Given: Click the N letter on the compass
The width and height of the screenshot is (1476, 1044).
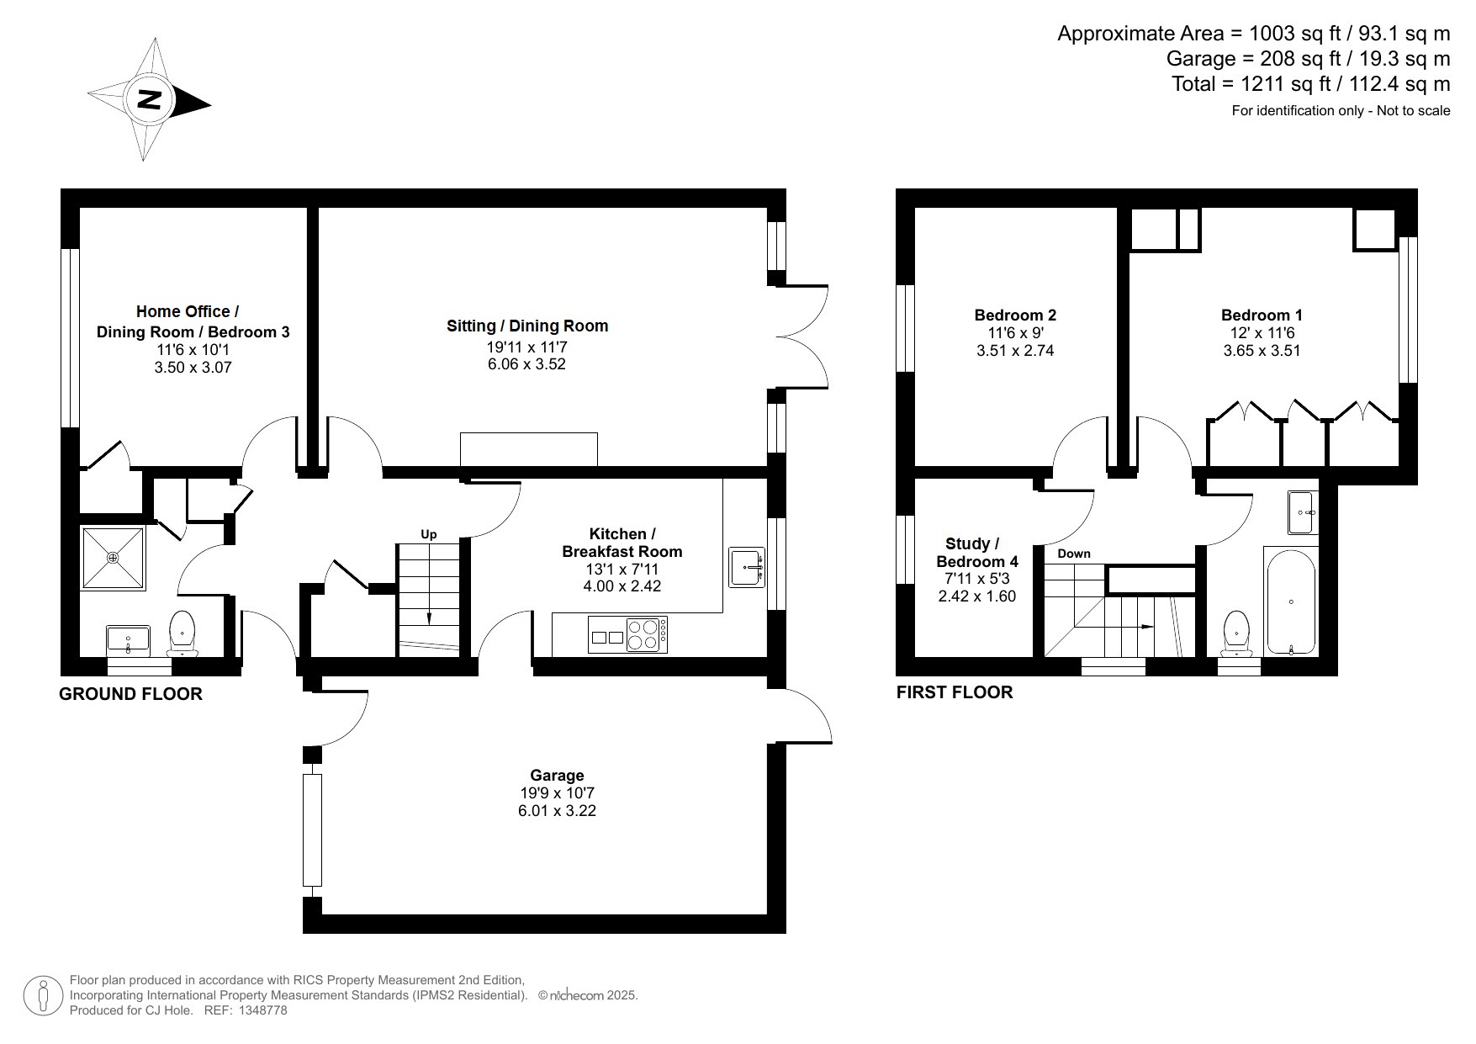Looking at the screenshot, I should click(x=150, y=99).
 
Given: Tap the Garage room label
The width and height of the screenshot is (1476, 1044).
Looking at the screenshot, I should click(x=556, y=776).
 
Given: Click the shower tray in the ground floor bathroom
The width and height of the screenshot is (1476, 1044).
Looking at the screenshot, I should click(x=113, y=558).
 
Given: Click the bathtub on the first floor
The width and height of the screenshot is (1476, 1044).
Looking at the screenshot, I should click(x=1290, y=601).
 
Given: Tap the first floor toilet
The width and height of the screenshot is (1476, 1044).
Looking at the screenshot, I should click(x=1236, y=633).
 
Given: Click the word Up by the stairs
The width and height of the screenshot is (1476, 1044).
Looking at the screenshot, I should click(x=429, y=534).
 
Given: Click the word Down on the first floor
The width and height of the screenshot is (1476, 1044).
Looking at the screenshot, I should click(x=1073, y=554).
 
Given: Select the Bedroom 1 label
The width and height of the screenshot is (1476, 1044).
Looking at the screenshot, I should click(x=1262, y=315).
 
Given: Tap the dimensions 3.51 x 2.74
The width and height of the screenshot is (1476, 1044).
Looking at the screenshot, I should click(x=1014, y=351).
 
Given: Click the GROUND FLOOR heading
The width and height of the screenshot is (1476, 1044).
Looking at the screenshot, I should click(x=130, y=694).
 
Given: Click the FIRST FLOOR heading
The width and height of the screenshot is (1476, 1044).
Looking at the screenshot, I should click(x=954, y=692).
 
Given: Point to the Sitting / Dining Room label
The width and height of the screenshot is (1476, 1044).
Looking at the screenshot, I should click(x=526, y=326).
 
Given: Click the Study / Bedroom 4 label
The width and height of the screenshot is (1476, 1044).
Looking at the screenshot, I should click(x=976, y=553).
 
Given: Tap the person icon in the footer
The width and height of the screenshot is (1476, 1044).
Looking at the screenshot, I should click(x=42, y=995).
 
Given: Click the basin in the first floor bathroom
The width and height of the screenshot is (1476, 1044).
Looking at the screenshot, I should click(x=1303, y=512).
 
